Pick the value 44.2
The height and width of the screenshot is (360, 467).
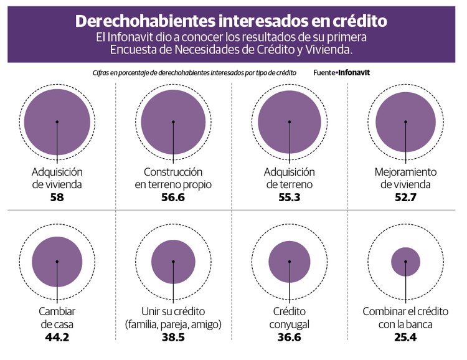(x=57, y=338)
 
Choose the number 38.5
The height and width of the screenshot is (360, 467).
(x=173, y=338)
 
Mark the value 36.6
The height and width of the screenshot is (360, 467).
(x=290, y=338)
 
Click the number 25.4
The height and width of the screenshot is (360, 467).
(x=405, y=338)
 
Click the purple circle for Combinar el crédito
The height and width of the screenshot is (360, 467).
(x=405, y=262)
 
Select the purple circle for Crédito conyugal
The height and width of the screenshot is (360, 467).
(x=290, y=262)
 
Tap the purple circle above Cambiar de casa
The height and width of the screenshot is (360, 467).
(x=57, y=262)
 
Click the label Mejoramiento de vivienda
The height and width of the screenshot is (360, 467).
(x=405, y=178)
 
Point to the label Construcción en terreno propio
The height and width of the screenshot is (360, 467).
(x=173, y=178)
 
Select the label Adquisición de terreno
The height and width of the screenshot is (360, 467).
(x=290, y=178)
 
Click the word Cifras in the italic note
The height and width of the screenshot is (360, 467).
(x=101, y=73)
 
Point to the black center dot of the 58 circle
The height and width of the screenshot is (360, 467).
(x=57, y=121)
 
